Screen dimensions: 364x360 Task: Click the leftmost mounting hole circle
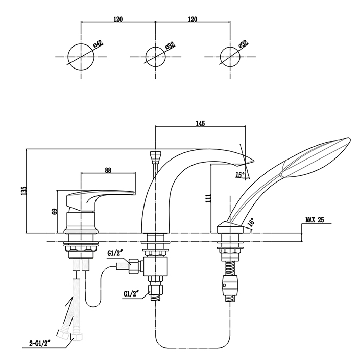(81, 55)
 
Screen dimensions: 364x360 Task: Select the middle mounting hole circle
(156, 55)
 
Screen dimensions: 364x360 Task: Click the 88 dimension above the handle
(108, 170)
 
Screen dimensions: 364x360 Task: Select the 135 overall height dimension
(22, 190)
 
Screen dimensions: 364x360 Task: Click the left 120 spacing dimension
(118, 19)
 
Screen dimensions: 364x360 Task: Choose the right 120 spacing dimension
(193, 19)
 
